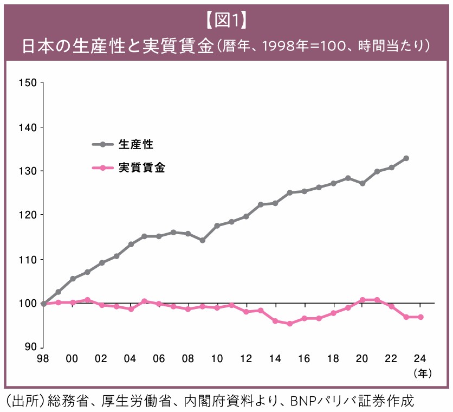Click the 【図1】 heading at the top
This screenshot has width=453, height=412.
226,20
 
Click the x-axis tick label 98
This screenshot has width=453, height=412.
43,358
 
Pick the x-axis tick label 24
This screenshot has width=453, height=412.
419,358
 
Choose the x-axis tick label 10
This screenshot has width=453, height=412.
217,358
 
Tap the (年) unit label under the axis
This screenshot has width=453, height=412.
421,373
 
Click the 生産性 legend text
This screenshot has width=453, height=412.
136,144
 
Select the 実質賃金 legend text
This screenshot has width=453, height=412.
142,168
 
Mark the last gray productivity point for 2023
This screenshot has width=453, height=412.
406,158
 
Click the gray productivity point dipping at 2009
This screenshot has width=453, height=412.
202,240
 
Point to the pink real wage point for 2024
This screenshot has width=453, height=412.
420,317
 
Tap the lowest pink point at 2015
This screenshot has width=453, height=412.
290,324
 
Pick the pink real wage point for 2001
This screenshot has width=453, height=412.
87,300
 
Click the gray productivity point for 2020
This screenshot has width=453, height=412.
362,183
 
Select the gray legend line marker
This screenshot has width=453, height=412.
101,144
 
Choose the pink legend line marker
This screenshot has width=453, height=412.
101,168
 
